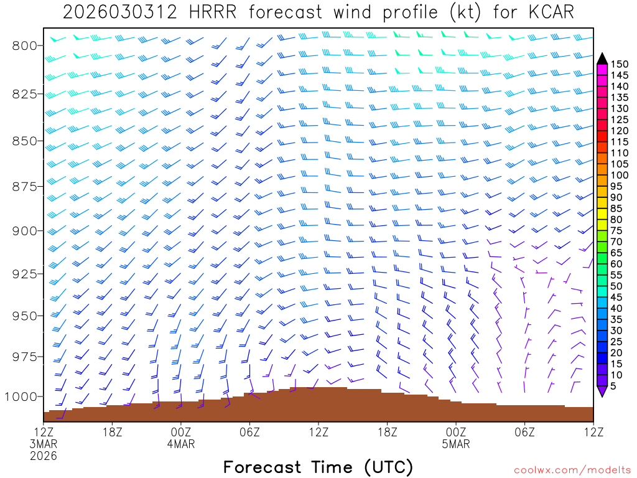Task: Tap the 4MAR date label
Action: click(181, 444)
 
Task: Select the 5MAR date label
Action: click(457, 444)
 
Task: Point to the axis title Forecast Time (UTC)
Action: click(318, 467)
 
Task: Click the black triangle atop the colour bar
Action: click(602, 58)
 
